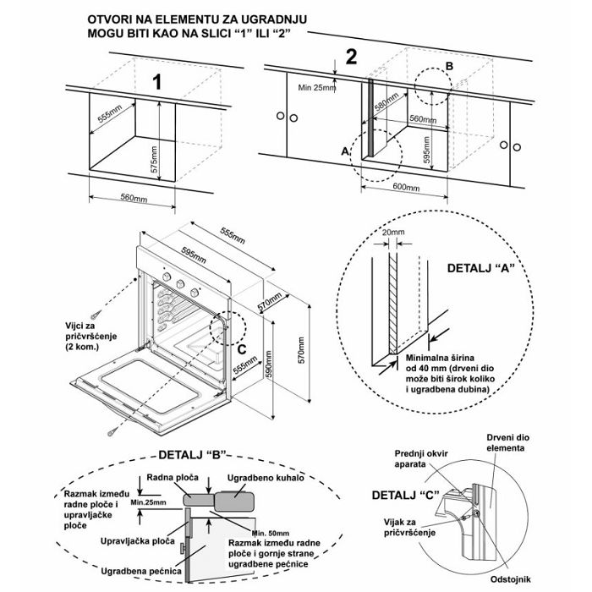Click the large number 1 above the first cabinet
point(156,82)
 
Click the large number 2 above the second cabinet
point(351,58)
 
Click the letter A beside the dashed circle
point(344,150)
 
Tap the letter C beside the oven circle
point(242,345)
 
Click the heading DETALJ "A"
point(480,267)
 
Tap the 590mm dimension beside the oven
point(270,373)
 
